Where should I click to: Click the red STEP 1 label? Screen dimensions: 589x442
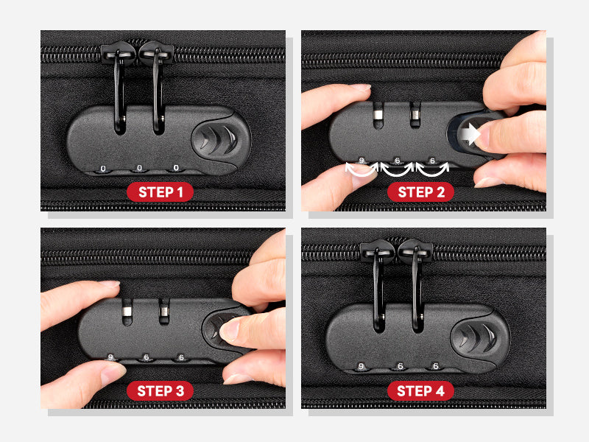(x=160, y=192)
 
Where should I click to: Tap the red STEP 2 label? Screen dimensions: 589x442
(x=420, y=192)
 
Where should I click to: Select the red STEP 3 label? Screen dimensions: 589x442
(x=160, y=391)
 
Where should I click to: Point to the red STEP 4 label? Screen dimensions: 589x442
(x=420, y=391)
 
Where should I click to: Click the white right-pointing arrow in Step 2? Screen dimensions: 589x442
(x=470, y=134)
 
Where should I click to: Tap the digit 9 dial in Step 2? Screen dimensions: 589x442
(x=361, y=161)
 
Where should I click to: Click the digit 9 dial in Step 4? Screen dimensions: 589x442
(x=361, y=366)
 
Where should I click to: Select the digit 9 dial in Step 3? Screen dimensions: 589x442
(x=110, y=357)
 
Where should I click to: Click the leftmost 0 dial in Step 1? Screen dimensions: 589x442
(x=103, y=169)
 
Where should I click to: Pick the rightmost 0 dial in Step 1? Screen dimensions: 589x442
(x=176, y=168)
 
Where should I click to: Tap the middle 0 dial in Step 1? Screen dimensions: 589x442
(x=139, y=168)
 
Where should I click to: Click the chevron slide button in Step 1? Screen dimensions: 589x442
(x=216, y=140)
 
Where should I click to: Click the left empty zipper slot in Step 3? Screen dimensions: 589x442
(x=127, y=312)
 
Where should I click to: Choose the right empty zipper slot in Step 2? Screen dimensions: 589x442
(x=415, y=115)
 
